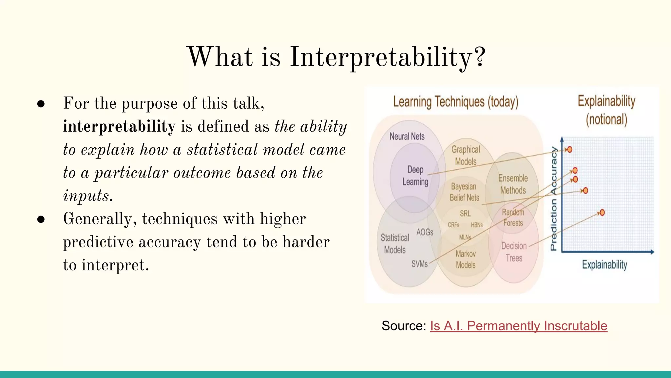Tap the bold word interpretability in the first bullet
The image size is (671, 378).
pyautogui.click(x=119, y=127)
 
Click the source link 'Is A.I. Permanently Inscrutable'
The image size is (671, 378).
pyautogui.click(x=518, y=326)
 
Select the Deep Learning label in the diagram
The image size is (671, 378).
pyautogui.click(x=415, y=176)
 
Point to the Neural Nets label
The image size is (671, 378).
pyautogui.click(x=407, y=136)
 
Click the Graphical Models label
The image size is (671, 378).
pyautogui.click(x=466, y=156)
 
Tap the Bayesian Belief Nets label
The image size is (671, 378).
pyautogui.click(x=464, y=192)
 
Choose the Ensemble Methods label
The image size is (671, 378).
pyautogui.click(x=513, y=184)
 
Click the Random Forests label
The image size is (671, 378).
pyautogui.click(x=513, y=218)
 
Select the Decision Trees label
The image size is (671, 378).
pyautogui.click(x=514, y=252)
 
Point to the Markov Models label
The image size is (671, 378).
pyautogui.click(x=466, y=259)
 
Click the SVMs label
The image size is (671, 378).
pyautogui.click(x=419, y=264)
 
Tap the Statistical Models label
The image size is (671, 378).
pyautogui.click(x=395, y=244)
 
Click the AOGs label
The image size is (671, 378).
pyautogui.click(x=425, y=232)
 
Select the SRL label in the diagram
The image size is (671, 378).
pyautogui.click(x=465, y=214)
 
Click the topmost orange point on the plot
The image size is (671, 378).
pyautogui.click(x=570, y=150)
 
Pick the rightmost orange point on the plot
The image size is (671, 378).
pyautogui.click(x=602, y=213)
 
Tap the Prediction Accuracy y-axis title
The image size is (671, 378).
pyautogui.click(x=554, y=199)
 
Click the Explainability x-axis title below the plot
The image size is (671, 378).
pyautogui.click(x=604, y=264)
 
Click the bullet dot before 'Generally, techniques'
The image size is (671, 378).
pyautogui.click(x=41, y=219)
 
